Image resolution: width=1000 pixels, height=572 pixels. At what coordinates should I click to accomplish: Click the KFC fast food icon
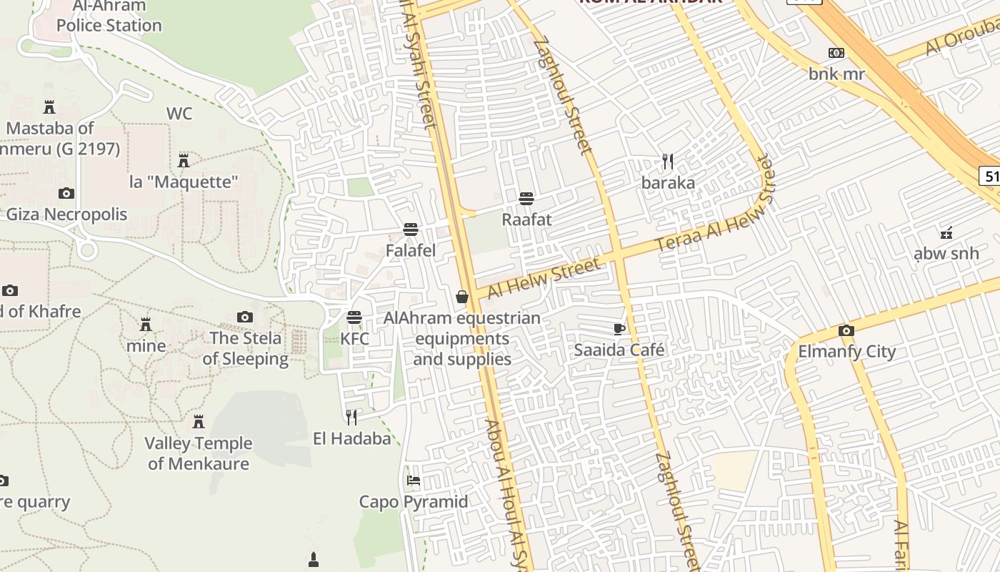point(354,317)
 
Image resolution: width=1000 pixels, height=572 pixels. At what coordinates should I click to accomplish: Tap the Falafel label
point(410,251)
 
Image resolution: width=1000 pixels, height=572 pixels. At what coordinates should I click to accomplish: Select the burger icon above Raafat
point(526,198)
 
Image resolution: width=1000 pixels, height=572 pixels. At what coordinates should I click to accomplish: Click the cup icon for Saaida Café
point(619,329)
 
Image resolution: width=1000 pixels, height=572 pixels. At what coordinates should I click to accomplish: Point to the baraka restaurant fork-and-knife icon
point(668,162)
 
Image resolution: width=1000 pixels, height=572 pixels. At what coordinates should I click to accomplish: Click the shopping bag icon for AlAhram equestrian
point(462,296)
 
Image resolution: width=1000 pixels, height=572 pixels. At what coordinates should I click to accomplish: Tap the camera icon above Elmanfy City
point(846,330)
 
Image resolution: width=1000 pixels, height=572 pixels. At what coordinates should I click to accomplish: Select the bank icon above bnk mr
point(836,53)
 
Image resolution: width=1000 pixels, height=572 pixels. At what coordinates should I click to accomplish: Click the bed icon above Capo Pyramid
point(414,480)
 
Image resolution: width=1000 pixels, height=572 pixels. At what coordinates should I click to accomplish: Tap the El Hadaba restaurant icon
point(351,417)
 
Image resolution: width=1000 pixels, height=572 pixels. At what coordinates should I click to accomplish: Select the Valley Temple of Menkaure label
point(199,453)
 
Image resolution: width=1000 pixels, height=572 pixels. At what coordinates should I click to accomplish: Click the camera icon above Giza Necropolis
point(66,193)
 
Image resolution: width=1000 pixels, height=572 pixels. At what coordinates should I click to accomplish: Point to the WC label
point(179,114)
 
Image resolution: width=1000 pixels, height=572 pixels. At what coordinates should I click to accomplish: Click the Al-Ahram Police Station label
point(109,16)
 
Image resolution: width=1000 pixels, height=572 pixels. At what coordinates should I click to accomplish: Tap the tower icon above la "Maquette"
point(184,160)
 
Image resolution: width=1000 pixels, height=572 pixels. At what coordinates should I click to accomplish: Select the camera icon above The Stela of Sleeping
point(245,317)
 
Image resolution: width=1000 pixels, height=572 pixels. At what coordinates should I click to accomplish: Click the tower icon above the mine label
point(146,325)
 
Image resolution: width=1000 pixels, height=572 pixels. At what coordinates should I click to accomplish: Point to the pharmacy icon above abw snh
point(946,232)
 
